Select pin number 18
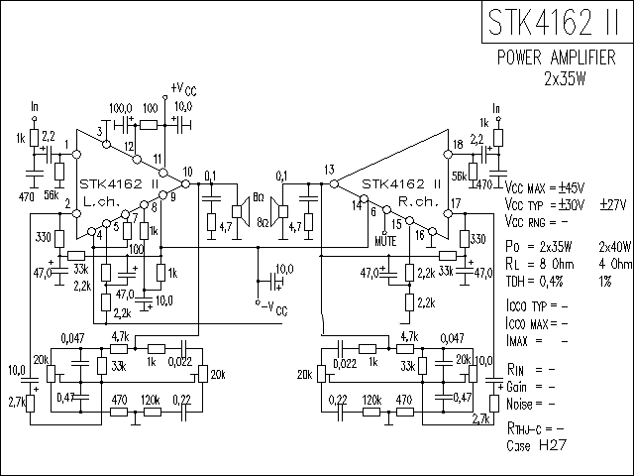click(457, 146)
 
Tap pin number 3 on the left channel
click(100, 132)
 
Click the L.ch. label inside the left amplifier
click(101, 200)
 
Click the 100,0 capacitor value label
click(121, 107)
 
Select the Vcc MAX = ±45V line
click(544, 187)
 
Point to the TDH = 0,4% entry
click(536, 281)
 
